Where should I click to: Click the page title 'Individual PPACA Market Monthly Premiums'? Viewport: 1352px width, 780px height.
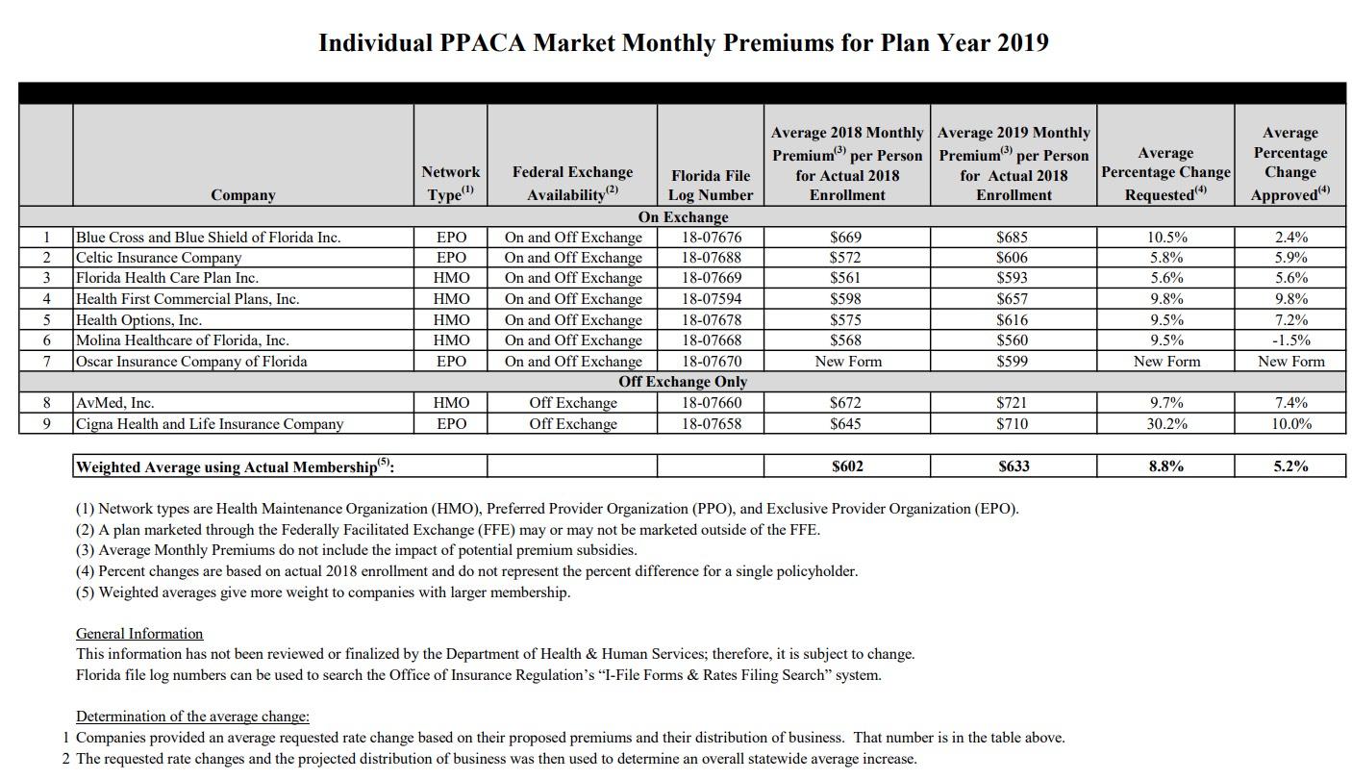point(683,43)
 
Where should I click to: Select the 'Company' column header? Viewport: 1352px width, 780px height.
point(242,195)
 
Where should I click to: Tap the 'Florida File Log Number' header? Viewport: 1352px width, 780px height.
point(710,185)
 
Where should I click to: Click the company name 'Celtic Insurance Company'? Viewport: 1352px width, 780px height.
point(159,258)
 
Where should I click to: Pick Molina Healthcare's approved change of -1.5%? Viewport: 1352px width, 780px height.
point(1290,340)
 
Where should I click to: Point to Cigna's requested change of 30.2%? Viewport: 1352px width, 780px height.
point(1165,424)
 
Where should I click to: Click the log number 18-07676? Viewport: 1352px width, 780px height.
point(710,238)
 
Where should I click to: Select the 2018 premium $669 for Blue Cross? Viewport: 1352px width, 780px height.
point(846,238)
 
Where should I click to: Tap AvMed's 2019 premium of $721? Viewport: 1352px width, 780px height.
point(1013,403)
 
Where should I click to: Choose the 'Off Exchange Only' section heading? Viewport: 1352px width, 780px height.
point(683,382)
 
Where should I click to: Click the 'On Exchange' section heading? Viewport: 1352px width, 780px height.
point(683,217)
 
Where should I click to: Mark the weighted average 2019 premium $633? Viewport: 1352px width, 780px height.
point(1013,466)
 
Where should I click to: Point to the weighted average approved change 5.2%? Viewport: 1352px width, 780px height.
point(1290,466)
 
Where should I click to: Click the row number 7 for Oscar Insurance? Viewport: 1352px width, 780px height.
point(46,362)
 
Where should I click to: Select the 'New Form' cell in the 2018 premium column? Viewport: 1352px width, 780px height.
point(846,362)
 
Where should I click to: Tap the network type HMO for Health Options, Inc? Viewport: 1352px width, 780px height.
point(451,320)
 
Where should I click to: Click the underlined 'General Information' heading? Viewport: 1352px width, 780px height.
point(139,634)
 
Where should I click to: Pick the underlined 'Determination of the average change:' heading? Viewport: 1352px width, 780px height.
point(192,717)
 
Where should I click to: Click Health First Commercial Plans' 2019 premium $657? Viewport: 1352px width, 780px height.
point(1013,299)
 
